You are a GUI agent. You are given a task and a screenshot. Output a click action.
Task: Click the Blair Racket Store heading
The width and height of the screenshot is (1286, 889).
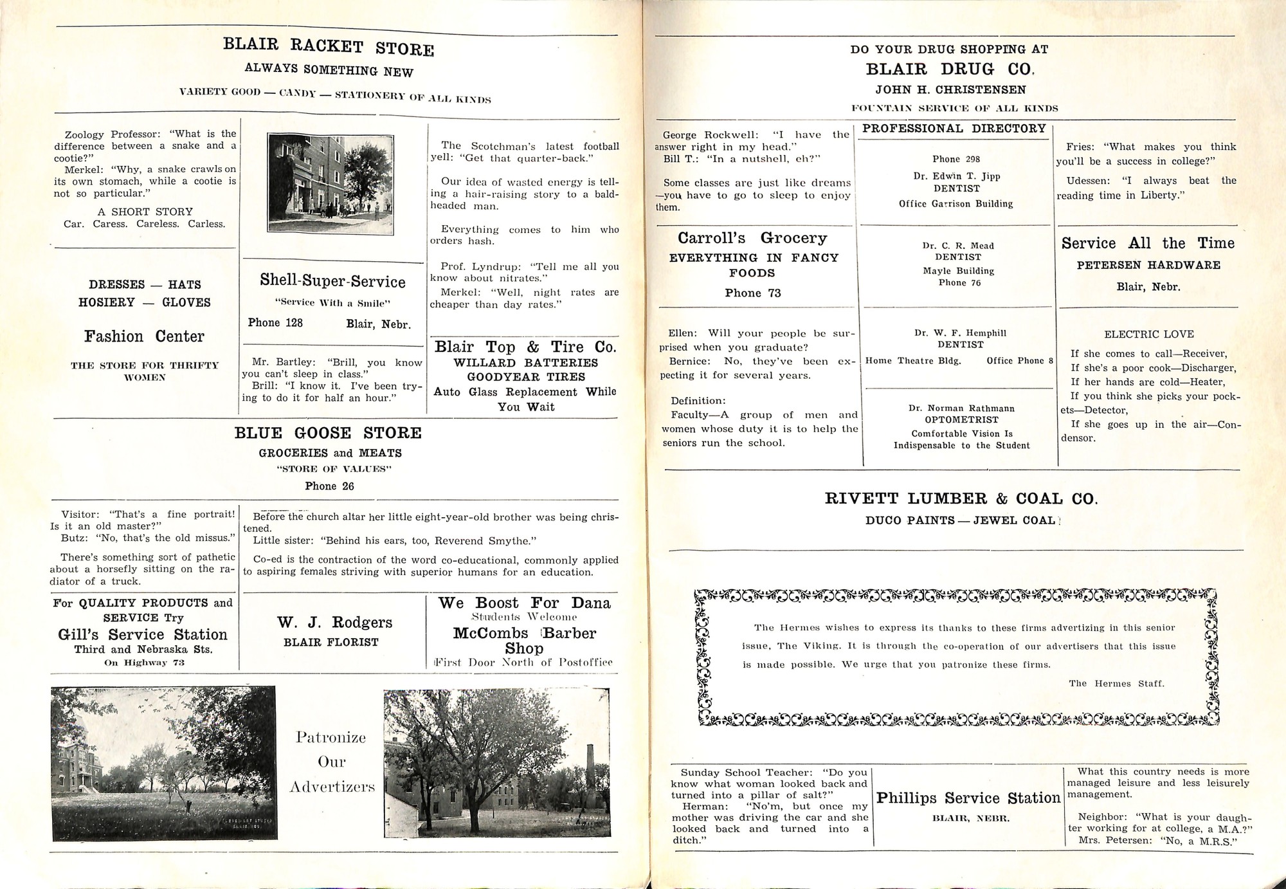pyautogui.click(x=328, y=47)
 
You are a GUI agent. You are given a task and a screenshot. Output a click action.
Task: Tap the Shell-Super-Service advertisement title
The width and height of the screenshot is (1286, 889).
pyautogui.click(x=332, y=281)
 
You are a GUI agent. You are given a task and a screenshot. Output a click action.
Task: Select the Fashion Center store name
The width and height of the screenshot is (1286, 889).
pyautogui.click(x=144, y=336)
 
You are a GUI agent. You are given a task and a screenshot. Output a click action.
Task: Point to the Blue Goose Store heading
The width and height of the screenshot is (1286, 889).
pyautogui.click(x=328, y=433)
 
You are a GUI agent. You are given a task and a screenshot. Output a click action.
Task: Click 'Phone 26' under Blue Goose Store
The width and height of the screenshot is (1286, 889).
pyautogui.click(x=329, y=486)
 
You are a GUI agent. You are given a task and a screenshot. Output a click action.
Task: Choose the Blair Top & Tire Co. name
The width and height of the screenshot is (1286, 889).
pyautogui.click(x=525, y=347)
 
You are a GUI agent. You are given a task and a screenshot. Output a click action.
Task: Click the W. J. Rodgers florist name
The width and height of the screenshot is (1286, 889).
pyautogui.click(x=334, y=622)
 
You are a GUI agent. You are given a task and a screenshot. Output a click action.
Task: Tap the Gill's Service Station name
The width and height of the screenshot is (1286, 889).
pyautogui.click(x=142, y=634)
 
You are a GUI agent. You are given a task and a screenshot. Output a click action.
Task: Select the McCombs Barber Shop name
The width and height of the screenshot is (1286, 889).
pyautogui.click(x=525, y=640)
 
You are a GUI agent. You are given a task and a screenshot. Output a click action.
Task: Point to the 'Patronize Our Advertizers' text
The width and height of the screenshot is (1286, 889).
pyautogui.click(x=331, y=762)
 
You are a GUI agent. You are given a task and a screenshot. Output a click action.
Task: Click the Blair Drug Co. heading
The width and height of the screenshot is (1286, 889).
pyautogui.click(x=949, y=69)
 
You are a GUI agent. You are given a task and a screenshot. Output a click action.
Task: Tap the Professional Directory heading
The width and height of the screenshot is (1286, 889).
pyautogui.click(x=954, y=129)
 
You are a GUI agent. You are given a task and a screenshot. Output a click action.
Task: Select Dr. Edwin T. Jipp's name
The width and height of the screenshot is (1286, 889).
pyautogui.click(x=956, y=176)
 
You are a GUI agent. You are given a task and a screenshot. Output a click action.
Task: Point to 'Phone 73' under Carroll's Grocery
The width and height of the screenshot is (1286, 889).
pyautogui.click(x=752, y=293)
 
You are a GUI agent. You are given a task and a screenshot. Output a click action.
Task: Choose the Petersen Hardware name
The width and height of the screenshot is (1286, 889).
pyautogui.click(x=1148, y=265)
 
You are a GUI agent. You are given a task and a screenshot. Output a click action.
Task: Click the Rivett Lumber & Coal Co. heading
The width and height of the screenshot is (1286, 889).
pyautogui.click(x=961, y=499)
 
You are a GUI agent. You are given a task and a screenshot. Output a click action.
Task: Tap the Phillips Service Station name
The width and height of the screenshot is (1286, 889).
pyautogui.click(x=968, y=798)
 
